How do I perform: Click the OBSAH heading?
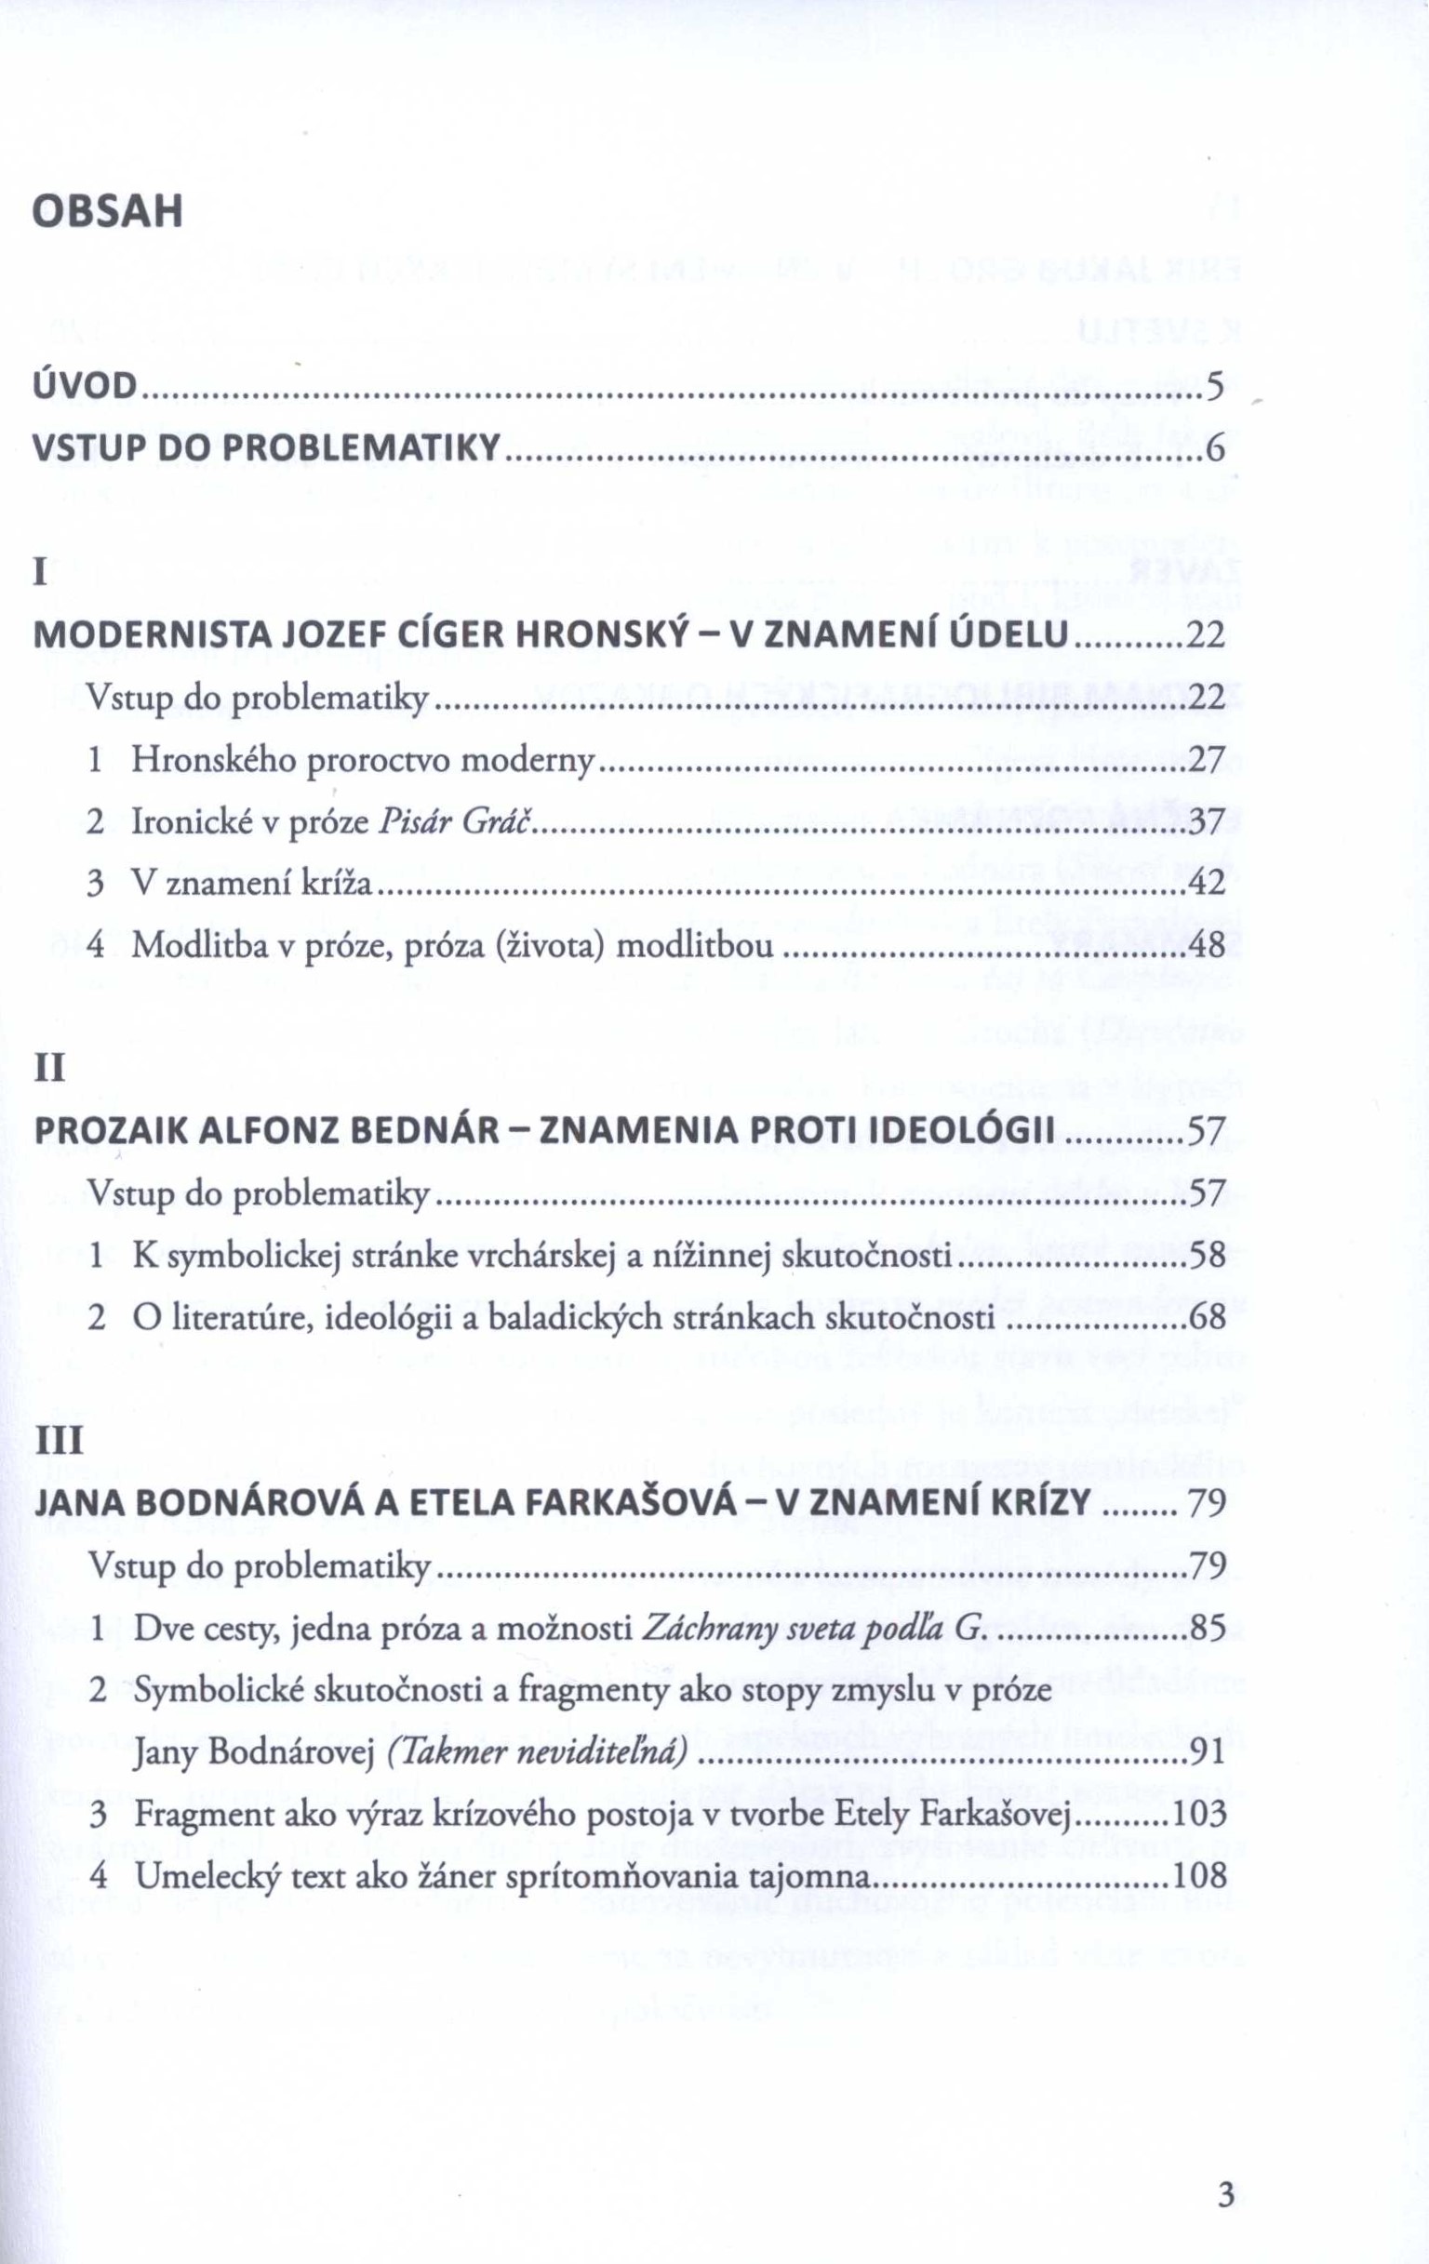point(107,212)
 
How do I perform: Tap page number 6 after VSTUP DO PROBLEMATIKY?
point(1215,450)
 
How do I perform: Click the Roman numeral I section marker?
point(40,573)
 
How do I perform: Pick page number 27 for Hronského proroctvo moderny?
point(1208,760)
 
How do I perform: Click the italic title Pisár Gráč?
point(456,821)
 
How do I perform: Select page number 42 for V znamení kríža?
point(1208,883)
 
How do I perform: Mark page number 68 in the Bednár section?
point(1208,1317)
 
